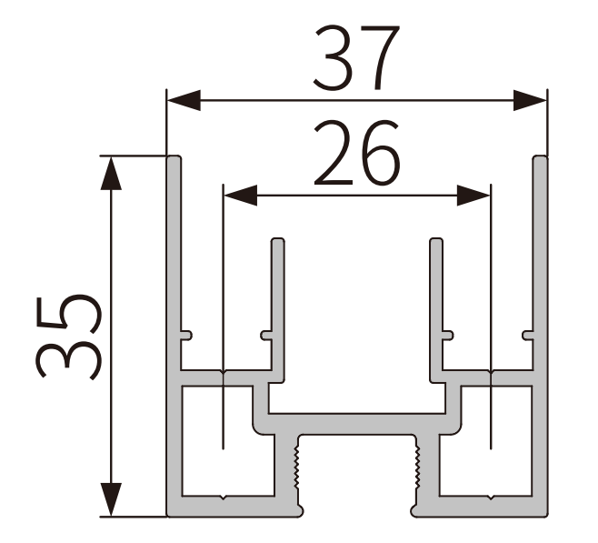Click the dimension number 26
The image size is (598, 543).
[356, 155]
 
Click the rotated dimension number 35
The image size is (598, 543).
[68, 335]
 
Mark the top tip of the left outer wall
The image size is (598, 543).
[174, 160]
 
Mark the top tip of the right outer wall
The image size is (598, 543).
[540, 160]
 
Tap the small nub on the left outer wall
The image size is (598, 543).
[186, 335]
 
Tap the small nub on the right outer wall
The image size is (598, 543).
[528, 335]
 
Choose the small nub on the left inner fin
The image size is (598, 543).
[266, 335]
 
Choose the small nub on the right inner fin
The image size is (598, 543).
[447, 335]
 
